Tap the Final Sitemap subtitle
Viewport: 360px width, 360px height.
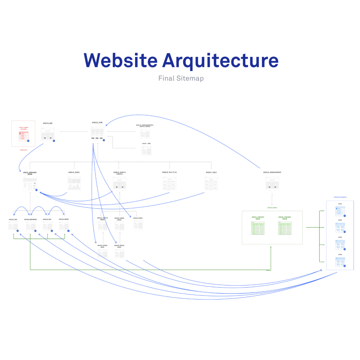pos(181,78)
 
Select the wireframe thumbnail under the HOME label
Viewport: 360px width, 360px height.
pos(97,133)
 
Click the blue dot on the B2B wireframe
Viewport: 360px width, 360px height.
pos(54,141)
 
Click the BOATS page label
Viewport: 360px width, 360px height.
pos(74,172)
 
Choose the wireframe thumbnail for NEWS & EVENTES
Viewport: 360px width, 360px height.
pos(119,183)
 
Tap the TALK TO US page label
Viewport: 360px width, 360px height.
pos(169,172)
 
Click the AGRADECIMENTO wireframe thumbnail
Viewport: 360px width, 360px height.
pos(272,184)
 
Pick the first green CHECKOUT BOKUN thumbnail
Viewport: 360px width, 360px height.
pos(258,228)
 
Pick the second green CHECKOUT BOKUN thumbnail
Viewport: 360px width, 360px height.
pos(285,228)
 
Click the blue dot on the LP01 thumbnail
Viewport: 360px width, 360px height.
pos(345,216)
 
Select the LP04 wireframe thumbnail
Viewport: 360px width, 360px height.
pos(340,262)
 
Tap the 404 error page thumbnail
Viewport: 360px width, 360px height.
pos(146,151)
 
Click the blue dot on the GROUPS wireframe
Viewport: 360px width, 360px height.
pos(68,231)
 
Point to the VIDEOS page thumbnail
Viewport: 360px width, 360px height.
pos(138,225)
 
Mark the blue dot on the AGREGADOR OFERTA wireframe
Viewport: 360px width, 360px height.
pos(36,190)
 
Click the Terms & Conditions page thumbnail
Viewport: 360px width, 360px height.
pos(145,133)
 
